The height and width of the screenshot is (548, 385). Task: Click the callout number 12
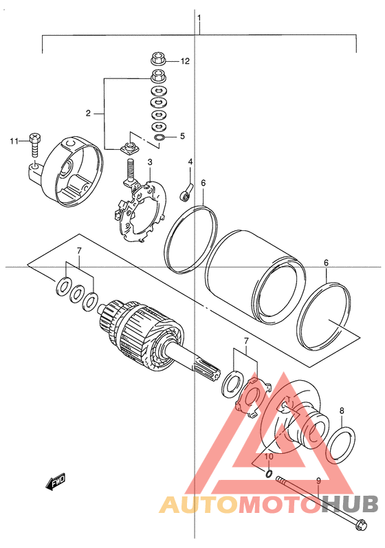[x=185, y=61]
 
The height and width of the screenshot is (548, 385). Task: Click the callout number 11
[x=14, y=141]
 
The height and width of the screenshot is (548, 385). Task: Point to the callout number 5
[x=182, y=135]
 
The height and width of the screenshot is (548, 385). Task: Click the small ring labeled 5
[x=159, y=138]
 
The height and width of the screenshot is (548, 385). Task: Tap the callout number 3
[x=149, y=162]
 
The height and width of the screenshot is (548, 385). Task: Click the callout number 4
[x=190, y=162]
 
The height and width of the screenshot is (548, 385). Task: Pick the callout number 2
[x=88, y=113]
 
